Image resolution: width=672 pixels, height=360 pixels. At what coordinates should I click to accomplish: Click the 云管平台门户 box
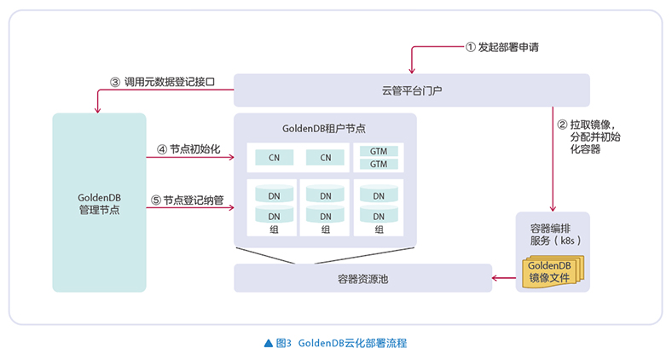point(411,90)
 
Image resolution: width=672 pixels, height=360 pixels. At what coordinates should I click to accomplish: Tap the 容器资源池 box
point(362,278)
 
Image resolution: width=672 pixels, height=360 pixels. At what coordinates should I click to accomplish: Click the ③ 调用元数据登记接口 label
point(161,83)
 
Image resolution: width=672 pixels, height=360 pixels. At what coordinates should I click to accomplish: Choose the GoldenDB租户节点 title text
point(324,128)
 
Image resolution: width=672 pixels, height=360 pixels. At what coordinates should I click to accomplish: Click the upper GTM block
point(379,152)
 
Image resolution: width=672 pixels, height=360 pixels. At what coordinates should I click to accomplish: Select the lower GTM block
point(379,164)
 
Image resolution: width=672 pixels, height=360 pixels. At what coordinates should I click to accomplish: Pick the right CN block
point(325,158)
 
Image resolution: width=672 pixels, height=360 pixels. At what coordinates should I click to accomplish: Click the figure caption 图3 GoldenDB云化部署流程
point(342,343)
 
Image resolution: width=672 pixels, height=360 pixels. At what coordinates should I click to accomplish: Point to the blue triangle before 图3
point(269,343)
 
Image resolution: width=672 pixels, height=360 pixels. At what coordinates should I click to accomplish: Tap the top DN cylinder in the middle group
point(325,195)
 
